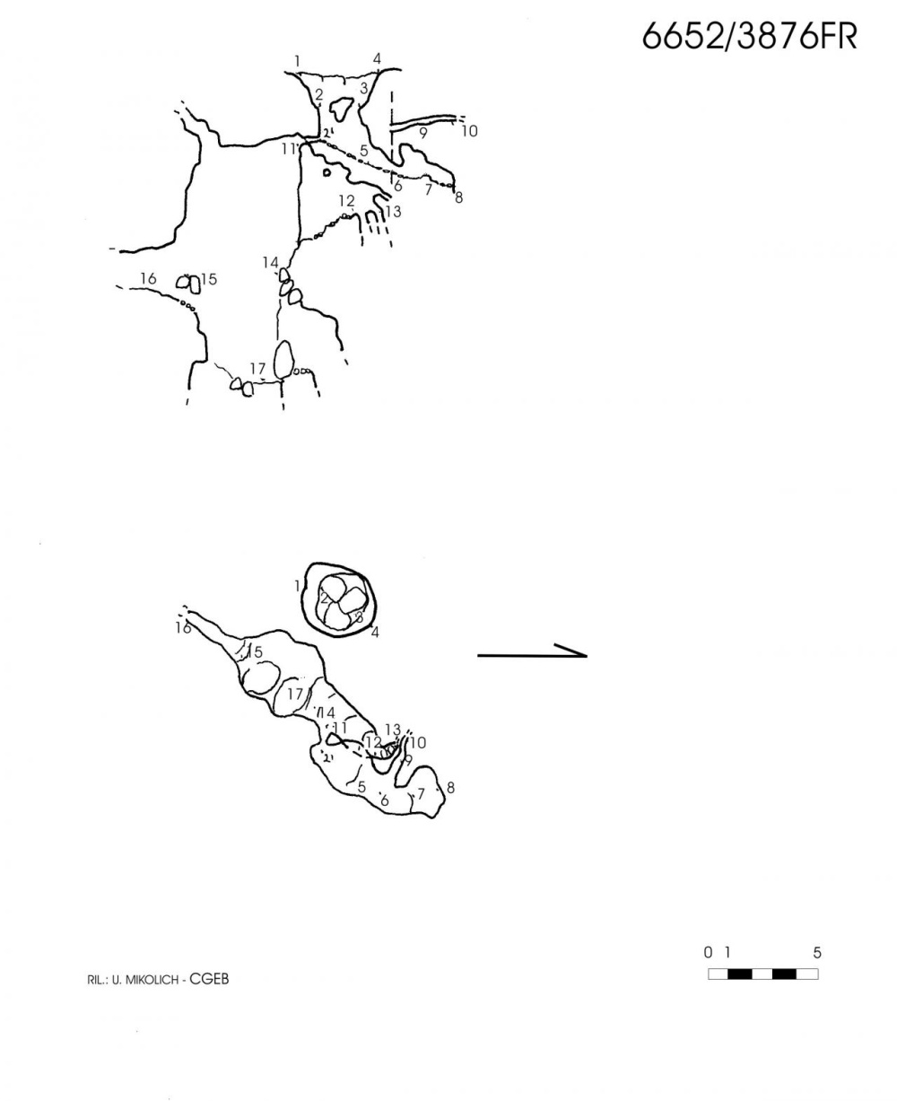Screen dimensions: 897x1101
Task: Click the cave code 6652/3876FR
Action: click(x=749, y=37)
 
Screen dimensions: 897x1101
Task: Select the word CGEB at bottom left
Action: click(x=209, y=979)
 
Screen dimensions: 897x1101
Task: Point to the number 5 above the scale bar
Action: click(x=817, y=953)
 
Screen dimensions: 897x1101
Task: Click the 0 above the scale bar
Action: click(x=708, y=952)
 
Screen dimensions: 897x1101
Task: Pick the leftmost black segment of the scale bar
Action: click(x=739, y=974)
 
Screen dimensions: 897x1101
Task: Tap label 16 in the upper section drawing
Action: click(x=148, y=278)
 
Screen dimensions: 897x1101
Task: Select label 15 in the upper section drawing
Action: click(x=209, y=279)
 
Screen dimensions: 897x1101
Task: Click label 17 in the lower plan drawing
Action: click(x=295, y=694)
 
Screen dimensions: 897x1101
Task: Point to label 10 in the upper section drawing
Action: click(x=469, y=131)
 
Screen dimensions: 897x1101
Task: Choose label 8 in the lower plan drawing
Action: click(x=450, y=788)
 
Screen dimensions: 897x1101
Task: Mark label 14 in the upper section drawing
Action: click(x=270, y=263)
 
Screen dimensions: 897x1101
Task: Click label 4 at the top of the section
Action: click(x=378, y=59)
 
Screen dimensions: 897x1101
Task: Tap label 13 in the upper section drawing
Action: click(x=393, y=212)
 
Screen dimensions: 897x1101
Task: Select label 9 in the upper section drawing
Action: click(x=423, y=133)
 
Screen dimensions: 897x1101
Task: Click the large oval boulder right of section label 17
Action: click(x=283, y=359)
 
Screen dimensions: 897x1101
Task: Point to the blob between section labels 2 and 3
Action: click(x=341, y=107)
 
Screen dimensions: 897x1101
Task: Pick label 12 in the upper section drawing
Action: click(x=347, y=200)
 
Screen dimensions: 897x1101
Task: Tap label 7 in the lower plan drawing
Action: click(x=421, y=793)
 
